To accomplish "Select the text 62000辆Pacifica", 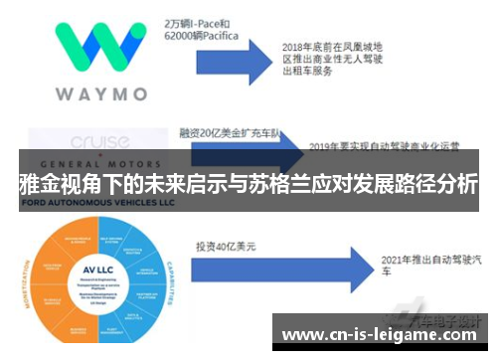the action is [x=203, y=35].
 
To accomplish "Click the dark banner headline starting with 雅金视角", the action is [x=248, y=185].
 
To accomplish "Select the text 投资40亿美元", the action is [x=225, y=246].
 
